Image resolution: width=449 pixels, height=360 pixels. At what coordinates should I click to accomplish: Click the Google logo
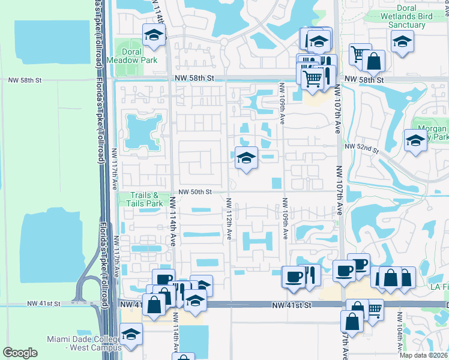(20, 352)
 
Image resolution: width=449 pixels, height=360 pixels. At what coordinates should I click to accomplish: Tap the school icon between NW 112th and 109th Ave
(246, 158)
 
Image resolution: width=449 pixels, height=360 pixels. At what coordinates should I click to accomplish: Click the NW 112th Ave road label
(228, 218)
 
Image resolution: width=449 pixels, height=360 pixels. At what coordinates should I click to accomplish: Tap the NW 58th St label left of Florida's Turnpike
(25, 79)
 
